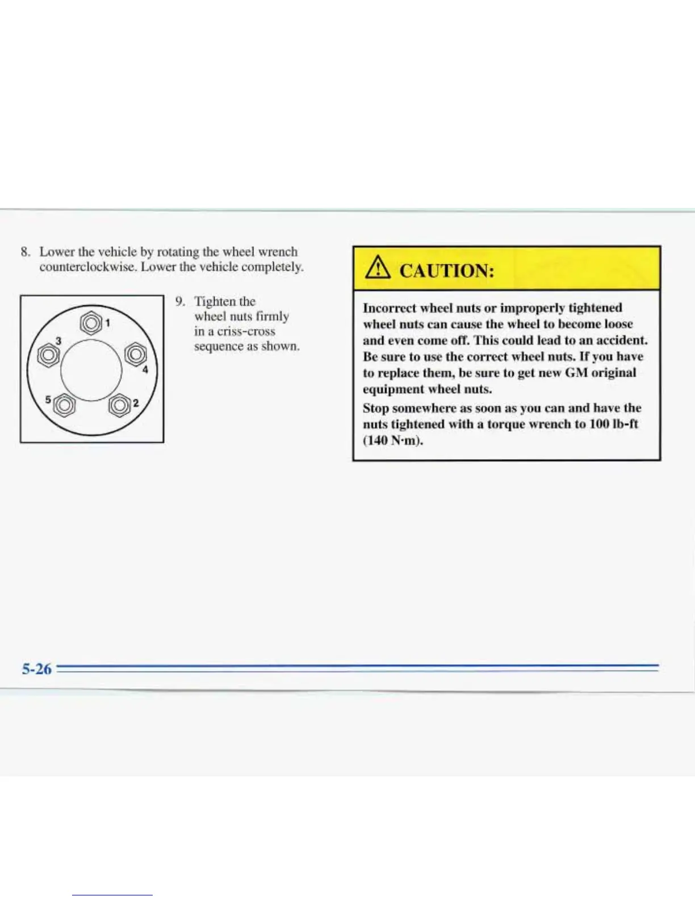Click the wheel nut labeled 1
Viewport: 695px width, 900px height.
(90, 324)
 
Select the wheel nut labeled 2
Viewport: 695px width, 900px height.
(119, 406)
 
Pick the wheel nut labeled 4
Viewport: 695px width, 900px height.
(135, 354)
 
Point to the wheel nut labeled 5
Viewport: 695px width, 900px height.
(64, 405)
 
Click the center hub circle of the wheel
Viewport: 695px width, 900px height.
(91, 370)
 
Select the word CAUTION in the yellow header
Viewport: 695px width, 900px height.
(447, 270)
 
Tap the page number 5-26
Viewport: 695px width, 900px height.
(37, 669)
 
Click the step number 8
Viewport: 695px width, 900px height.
(24, 252)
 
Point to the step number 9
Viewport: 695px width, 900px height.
(179, 301)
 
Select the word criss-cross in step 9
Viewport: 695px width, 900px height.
(246, 331)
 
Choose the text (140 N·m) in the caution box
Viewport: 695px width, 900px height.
(393, 440)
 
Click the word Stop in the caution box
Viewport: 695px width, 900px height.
(375, 408)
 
